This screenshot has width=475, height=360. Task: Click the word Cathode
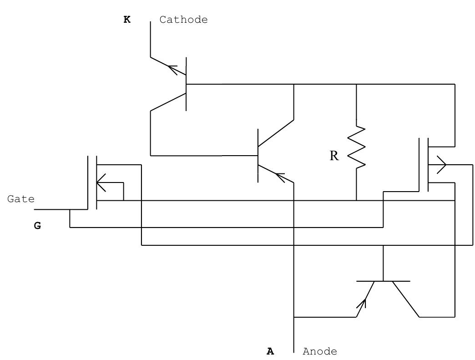(183, 20)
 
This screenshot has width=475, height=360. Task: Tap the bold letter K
(127, 20)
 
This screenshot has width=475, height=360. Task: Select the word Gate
(21, 199)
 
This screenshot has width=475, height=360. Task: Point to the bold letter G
(37, 225)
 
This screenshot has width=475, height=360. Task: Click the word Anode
(320, 351)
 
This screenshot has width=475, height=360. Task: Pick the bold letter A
(270, 351)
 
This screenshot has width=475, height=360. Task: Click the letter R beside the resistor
(334, 156)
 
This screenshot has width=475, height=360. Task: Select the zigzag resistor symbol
(356, 147)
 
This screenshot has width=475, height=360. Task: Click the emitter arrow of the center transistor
(279, 176)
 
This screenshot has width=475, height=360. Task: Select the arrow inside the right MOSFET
(441, 165)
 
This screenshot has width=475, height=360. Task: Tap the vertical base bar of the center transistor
(258, 156)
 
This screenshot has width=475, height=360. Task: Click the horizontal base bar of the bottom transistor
(383, 281)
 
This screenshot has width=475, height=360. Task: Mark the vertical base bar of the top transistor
(187, 84)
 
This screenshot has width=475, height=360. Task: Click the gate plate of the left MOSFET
(88, 182)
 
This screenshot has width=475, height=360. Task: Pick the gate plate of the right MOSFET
(419, 165)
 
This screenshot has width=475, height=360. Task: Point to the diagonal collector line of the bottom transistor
(405, 299)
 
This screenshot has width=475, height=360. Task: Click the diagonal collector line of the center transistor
(276, 133)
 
